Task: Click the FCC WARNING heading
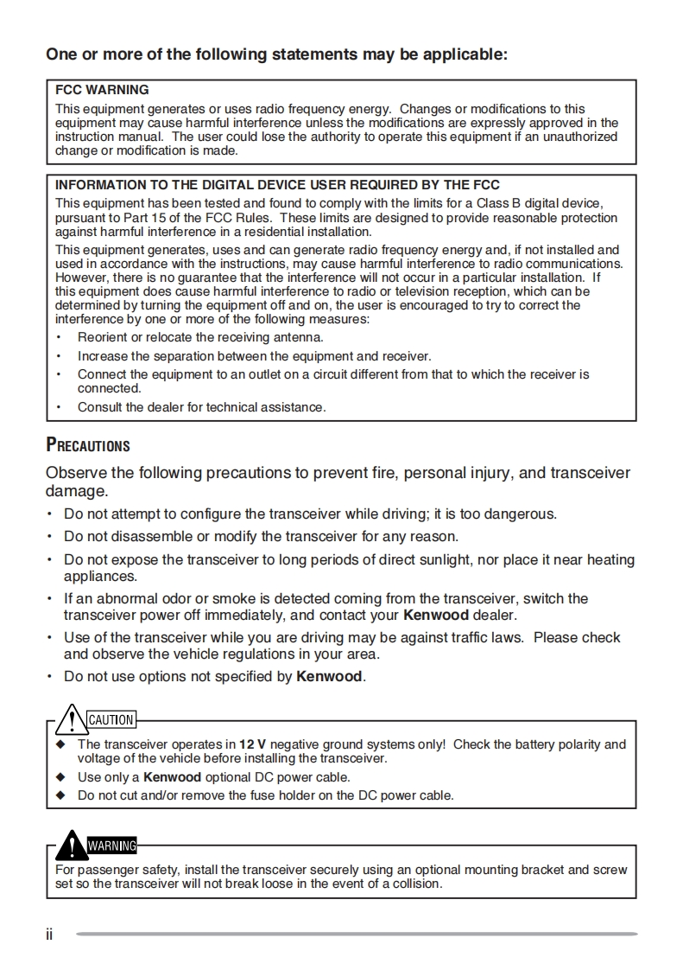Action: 102,90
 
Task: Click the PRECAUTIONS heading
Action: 87,446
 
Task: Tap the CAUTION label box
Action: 111,719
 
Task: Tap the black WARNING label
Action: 111,845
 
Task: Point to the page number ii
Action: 49,935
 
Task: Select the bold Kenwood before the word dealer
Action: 436,616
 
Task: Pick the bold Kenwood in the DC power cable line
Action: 172,777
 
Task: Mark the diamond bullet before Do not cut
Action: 60,795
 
